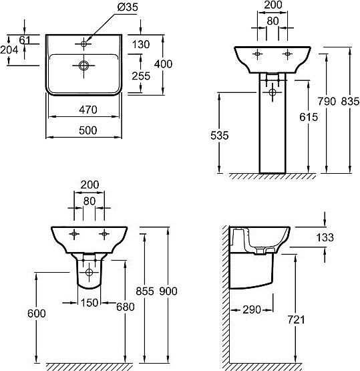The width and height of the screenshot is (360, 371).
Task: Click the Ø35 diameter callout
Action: point(128,7)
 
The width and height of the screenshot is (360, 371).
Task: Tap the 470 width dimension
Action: point(88,110)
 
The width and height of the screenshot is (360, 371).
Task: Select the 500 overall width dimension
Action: point(88,130)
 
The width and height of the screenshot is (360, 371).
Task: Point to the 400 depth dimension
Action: point(163,64)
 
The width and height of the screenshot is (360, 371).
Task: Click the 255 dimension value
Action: point(141,76)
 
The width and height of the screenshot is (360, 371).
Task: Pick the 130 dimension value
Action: point(141,45)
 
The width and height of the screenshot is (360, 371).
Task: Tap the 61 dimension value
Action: point(25,40)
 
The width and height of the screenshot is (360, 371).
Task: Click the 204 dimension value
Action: point(9,50)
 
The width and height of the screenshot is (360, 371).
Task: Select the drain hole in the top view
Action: point(83,66)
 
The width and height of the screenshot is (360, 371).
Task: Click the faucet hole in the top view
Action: point(83,43)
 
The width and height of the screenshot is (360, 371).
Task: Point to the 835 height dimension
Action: point(350,102)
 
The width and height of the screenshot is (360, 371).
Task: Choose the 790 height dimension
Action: point(327,102)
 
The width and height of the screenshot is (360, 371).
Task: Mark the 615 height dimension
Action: point(309,117)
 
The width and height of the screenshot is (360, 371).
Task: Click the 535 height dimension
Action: point(220,136)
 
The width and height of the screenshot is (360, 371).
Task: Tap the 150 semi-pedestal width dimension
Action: point(89,303)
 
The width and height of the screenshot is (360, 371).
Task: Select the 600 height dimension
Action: point(37,314)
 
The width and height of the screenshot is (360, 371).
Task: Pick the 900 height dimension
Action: point(168,291)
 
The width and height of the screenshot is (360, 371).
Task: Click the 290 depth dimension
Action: point(252,310)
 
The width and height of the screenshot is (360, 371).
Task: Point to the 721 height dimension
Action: point(296,320)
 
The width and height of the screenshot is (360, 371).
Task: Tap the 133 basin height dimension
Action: point(325,237)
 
